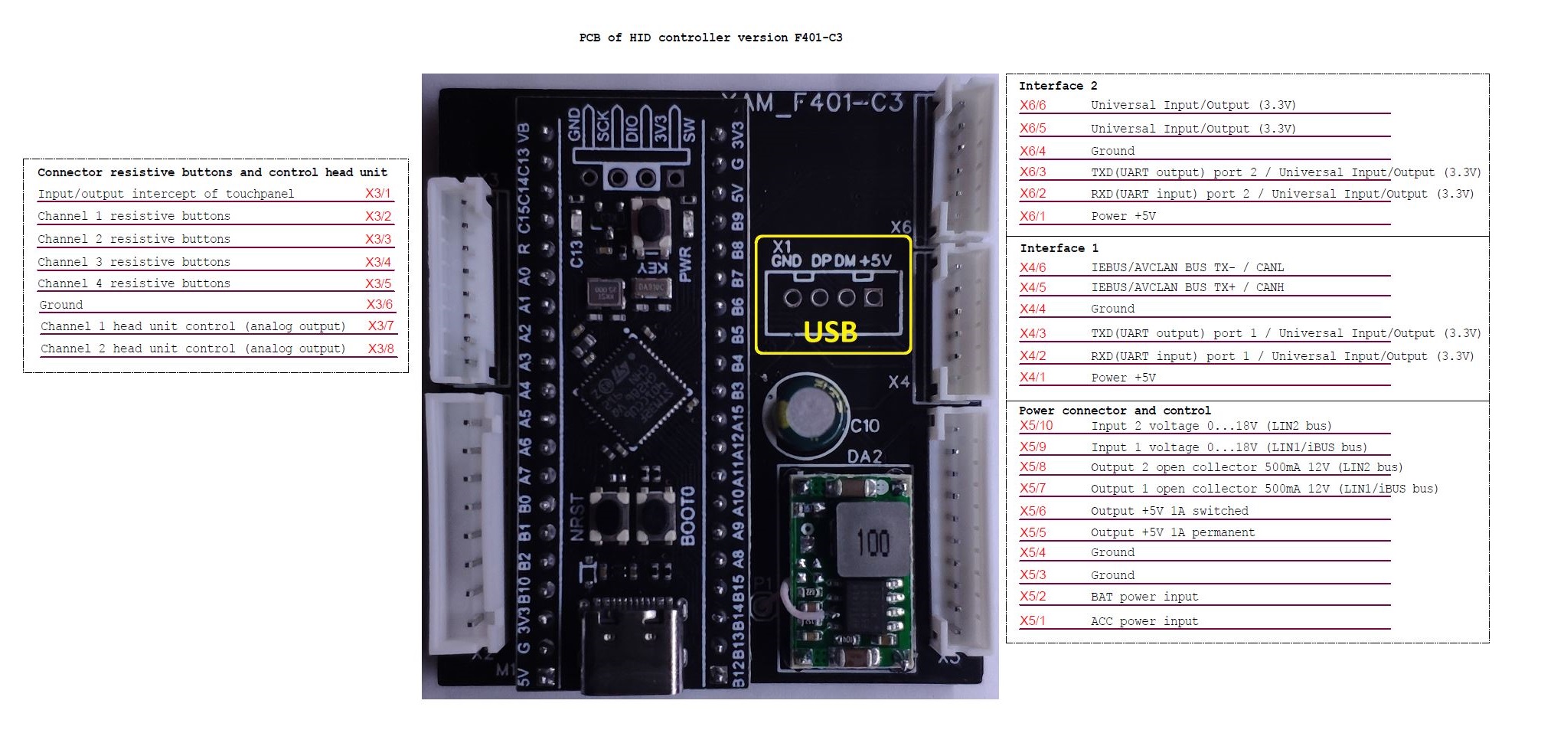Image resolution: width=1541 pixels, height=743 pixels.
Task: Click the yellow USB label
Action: pyautogui.click(x=830, y=332)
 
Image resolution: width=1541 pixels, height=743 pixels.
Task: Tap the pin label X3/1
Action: pyautogui.click(x=377, y=194)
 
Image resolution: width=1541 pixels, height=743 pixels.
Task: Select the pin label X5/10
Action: pyautogui.click(x=1036, y=426)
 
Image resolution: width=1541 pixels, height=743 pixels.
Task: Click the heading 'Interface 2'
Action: pyautogui.click(x=1057, y=86)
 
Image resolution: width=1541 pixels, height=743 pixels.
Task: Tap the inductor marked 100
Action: pyautogui.click(x=873, y=541)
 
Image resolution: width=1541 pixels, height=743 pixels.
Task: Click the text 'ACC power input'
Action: pyautogui.click(x=1144, y=621)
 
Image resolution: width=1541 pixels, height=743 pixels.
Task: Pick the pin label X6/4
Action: pyautogui.click(x=1032, y=151)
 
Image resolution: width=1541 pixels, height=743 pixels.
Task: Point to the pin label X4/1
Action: pyautogui.click(x=1032, y=378)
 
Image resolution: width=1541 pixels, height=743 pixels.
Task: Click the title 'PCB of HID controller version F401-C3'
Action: pyautogui.click(x=710, y=38)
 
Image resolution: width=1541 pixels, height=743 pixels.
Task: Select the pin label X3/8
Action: pyautogui.click(x=380, y=349)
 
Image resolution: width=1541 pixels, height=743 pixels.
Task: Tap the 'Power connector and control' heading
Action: pyautogui.click(x=1114, y=411)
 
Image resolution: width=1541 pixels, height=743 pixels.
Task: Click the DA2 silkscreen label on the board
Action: pyautogui.click(x=864, y=457)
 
